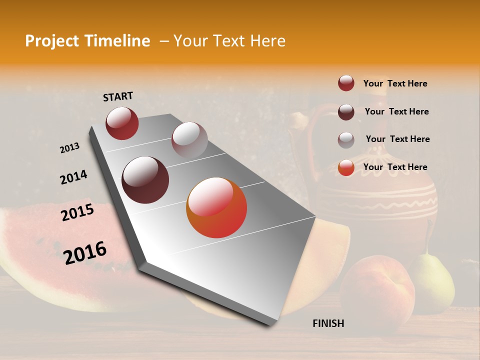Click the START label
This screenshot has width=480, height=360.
tap(118, 96)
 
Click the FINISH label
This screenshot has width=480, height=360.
tap(328, 323)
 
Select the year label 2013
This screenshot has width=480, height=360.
tap(69, 148)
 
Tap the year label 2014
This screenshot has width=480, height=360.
tap(73, 177)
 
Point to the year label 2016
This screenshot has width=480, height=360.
tap(85, 253)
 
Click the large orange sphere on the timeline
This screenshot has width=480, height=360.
tap(216, 207)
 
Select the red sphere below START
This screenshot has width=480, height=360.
tap(122, 123)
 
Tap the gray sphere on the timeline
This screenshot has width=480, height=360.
tap(189, 139)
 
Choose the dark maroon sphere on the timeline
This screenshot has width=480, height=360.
tap(145, 180)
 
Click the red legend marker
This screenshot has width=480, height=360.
tap(346, 83)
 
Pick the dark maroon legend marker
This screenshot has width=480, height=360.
tap(346, 112)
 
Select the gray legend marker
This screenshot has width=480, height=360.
tap(346, 140)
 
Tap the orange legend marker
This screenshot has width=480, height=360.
tap(346, 167)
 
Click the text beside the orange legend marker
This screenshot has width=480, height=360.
tap(395, 167)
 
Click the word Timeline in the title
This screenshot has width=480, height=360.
tap(118, 41)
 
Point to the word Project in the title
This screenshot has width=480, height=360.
tap(51, 41)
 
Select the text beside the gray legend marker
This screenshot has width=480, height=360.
tap(397, 139)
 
